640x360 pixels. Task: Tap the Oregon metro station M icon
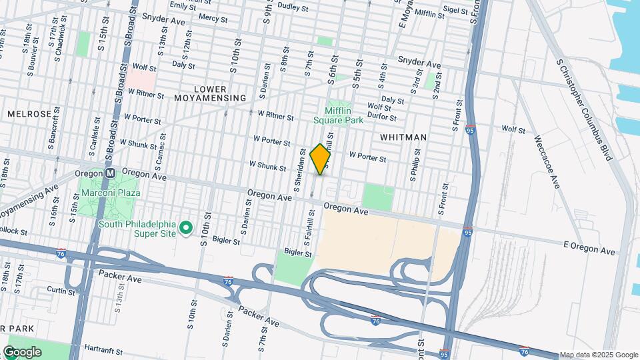(x=111, y=172)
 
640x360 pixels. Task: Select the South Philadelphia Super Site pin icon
(x=188, y=229)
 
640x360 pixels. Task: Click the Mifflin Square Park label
(x=344, y=115)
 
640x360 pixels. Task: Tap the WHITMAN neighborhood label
(x=403, y=137)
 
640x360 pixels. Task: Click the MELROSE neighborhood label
(x=29, y=114)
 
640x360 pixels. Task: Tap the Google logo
(x=23, y=351)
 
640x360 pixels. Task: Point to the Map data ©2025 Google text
(x=599, y=355)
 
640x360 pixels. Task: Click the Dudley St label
(x=293, y=8)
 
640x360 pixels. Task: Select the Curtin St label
(x=61, y=290)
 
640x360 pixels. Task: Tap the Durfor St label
(x=382, y=117)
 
